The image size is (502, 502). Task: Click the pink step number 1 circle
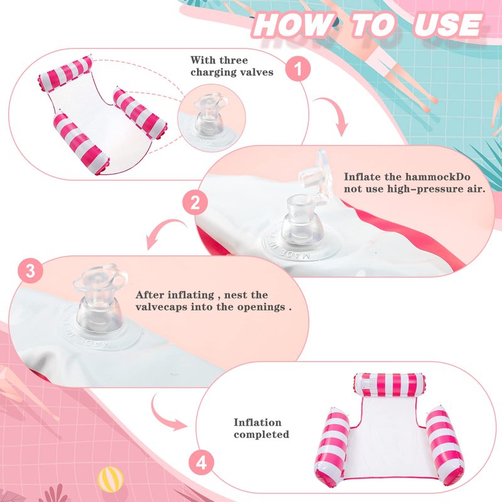298,68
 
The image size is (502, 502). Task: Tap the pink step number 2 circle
195,203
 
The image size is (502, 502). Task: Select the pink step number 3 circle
30,271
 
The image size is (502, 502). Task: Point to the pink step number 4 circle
201,463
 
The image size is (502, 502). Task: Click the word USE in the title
448,25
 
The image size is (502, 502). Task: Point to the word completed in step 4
261,434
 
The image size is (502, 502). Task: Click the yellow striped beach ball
110,479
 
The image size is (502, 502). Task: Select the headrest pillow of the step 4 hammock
389,385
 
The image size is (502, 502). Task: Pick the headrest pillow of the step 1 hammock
66,73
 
